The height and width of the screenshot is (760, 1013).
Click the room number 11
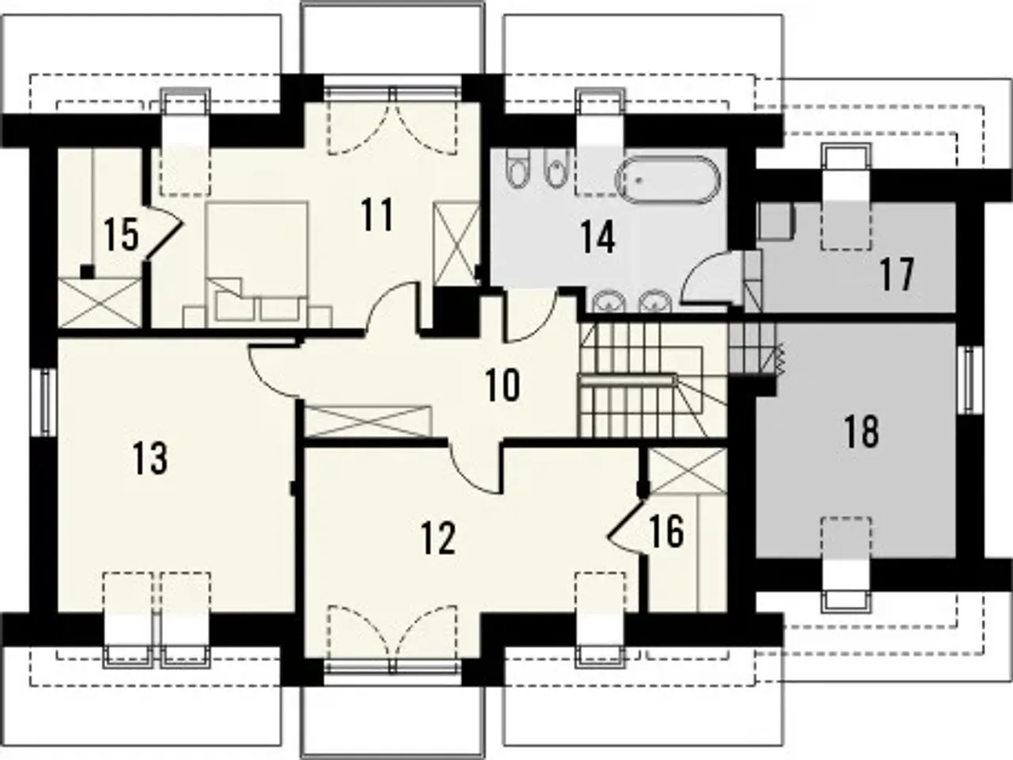click(377, 214)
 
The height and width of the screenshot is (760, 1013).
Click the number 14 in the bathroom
click(598, 237)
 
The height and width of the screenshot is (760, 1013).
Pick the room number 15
click(121, 234)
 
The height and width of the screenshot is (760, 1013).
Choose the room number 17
click(897, 275)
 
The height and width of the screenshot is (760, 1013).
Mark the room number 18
click(861, 431)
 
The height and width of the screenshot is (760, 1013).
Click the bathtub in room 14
click(668, 180)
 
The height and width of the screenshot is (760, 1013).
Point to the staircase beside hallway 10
click(653, 380)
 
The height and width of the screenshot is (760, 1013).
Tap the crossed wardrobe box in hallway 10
click(368, 421)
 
